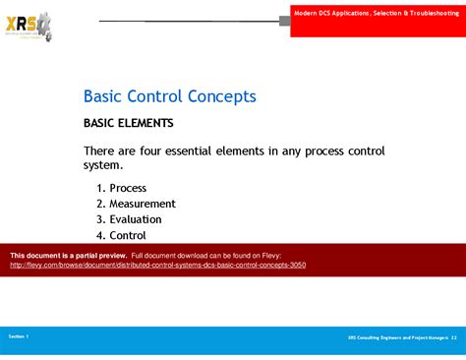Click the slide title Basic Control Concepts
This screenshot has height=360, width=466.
[169, 96]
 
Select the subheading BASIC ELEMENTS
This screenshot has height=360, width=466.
[128, 124]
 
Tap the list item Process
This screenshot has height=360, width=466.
[128, 188]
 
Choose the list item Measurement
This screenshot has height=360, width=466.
[143, 204]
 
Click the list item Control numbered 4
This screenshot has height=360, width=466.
[128, 235]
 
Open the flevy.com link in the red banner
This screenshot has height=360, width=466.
[158, 266]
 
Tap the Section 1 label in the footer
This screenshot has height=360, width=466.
[19, 336]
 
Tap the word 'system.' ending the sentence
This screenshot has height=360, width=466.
[107, 166]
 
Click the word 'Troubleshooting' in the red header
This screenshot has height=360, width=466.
[433, 10]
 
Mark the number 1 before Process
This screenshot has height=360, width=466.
[100, 188]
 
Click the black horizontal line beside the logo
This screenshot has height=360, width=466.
[187, 21]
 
